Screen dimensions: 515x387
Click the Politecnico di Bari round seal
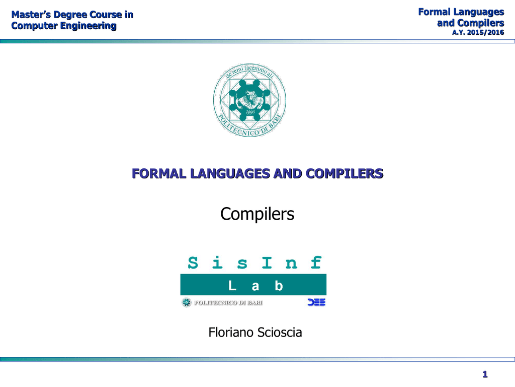tap(249, 100)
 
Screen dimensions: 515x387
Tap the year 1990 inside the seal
tap(250, 112)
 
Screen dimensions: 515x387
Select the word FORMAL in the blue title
tap(159, 174)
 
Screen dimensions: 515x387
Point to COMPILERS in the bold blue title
tap(345, 174)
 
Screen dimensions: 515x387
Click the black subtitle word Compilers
tap(257, 214)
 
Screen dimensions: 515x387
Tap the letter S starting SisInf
tap(193, 263)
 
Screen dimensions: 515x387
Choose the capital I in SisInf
tap(267, 263)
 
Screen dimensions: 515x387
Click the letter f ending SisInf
tap(316, 263)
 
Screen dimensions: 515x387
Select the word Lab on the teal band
tap(255, 286)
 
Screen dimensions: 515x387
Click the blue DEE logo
tap(316, 302)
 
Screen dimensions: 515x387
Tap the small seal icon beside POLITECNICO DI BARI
tap(187, 302)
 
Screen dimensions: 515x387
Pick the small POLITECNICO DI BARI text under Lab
tap(228, 303)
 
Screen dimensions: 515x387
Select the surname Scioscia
tap(279, 333)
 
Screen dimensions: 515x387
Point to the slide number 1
tap(485, 374)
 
